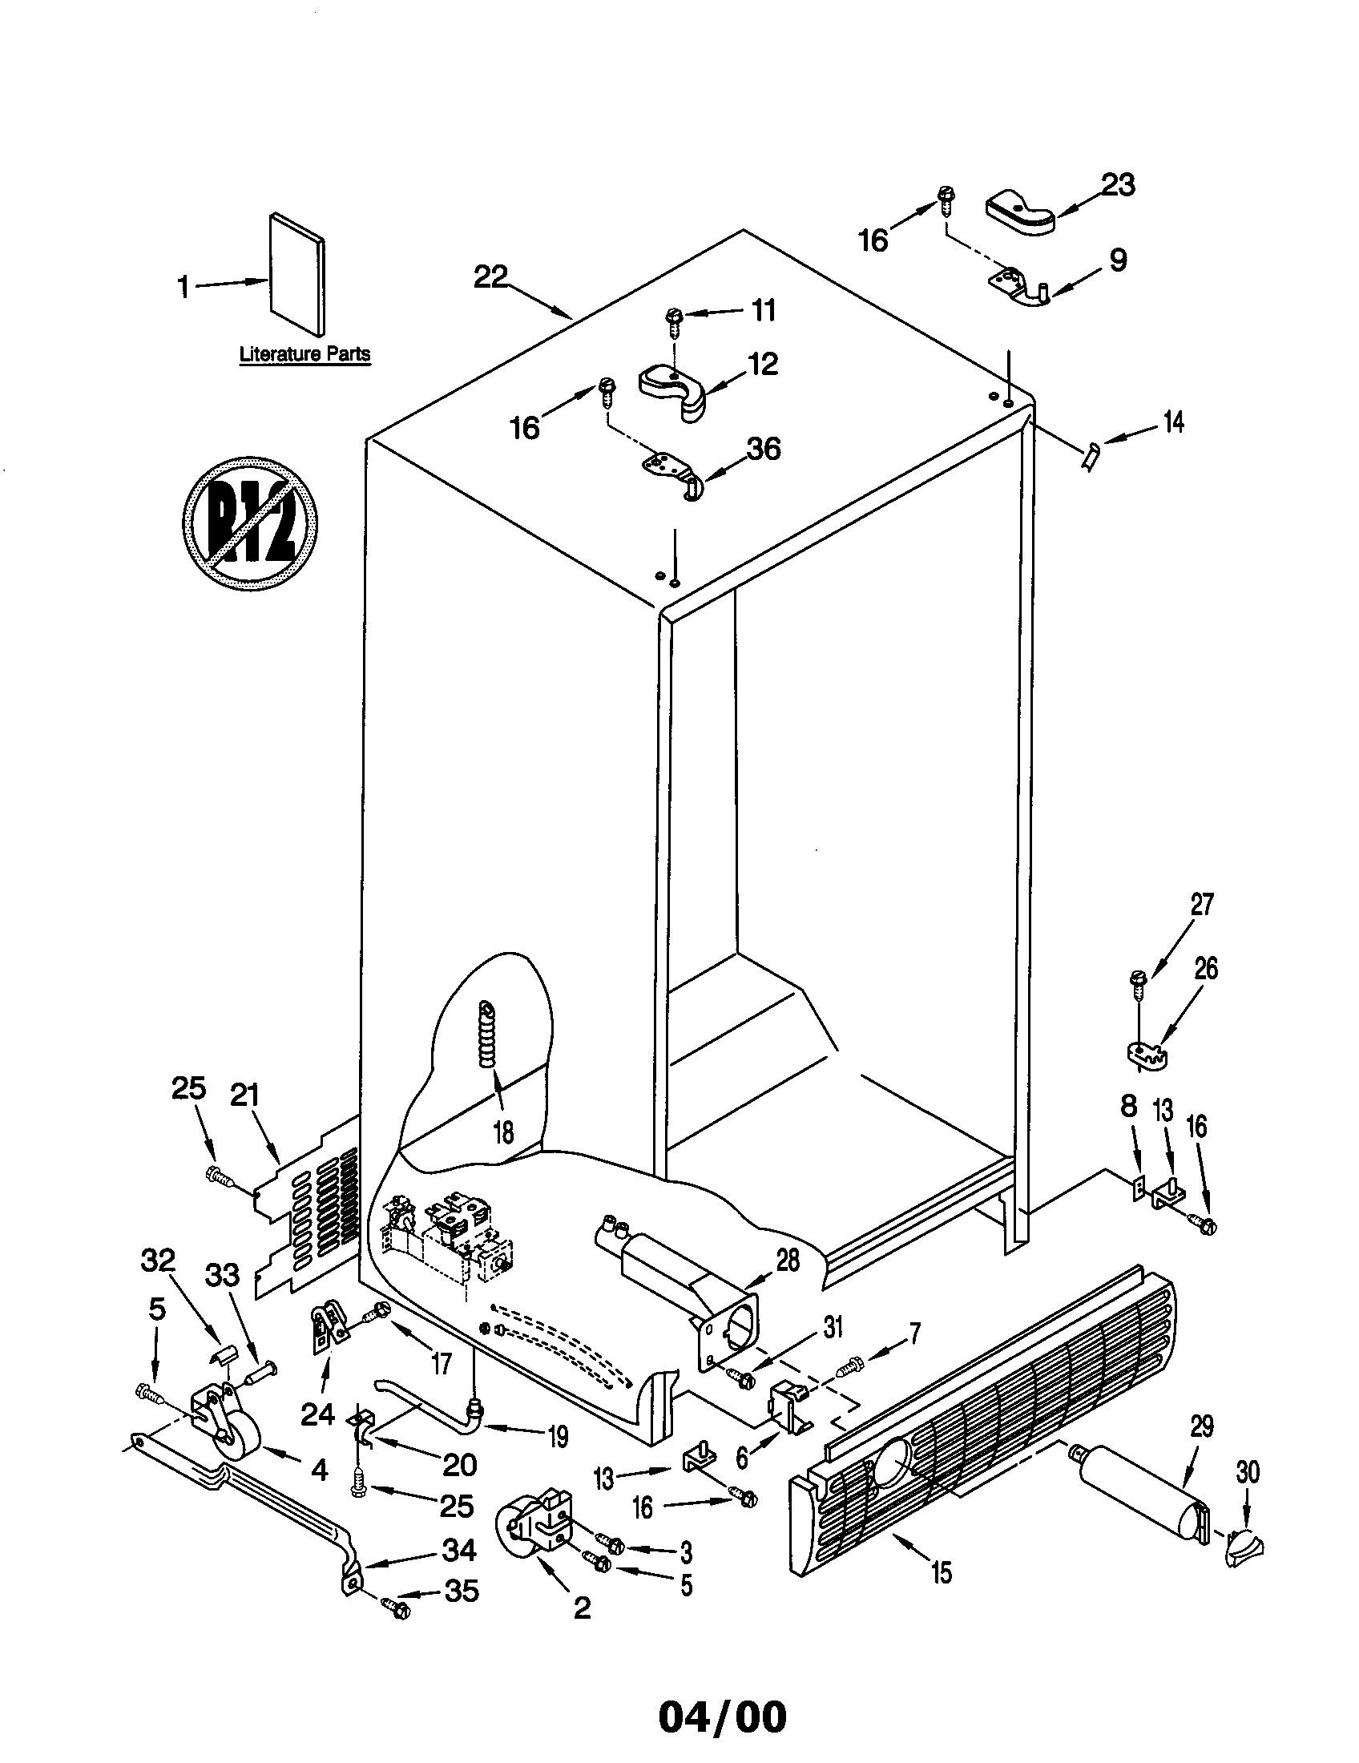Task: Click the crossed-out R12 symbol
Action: pyautogui.click(x=250, y=522)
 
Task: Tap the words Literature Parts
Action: pyautogui.click(x=305, y=354)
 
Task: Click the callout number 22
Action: pyautogui.click(x=490, y=277)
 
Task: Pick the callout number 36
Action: pyautogui.click(x=763, y=449)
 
